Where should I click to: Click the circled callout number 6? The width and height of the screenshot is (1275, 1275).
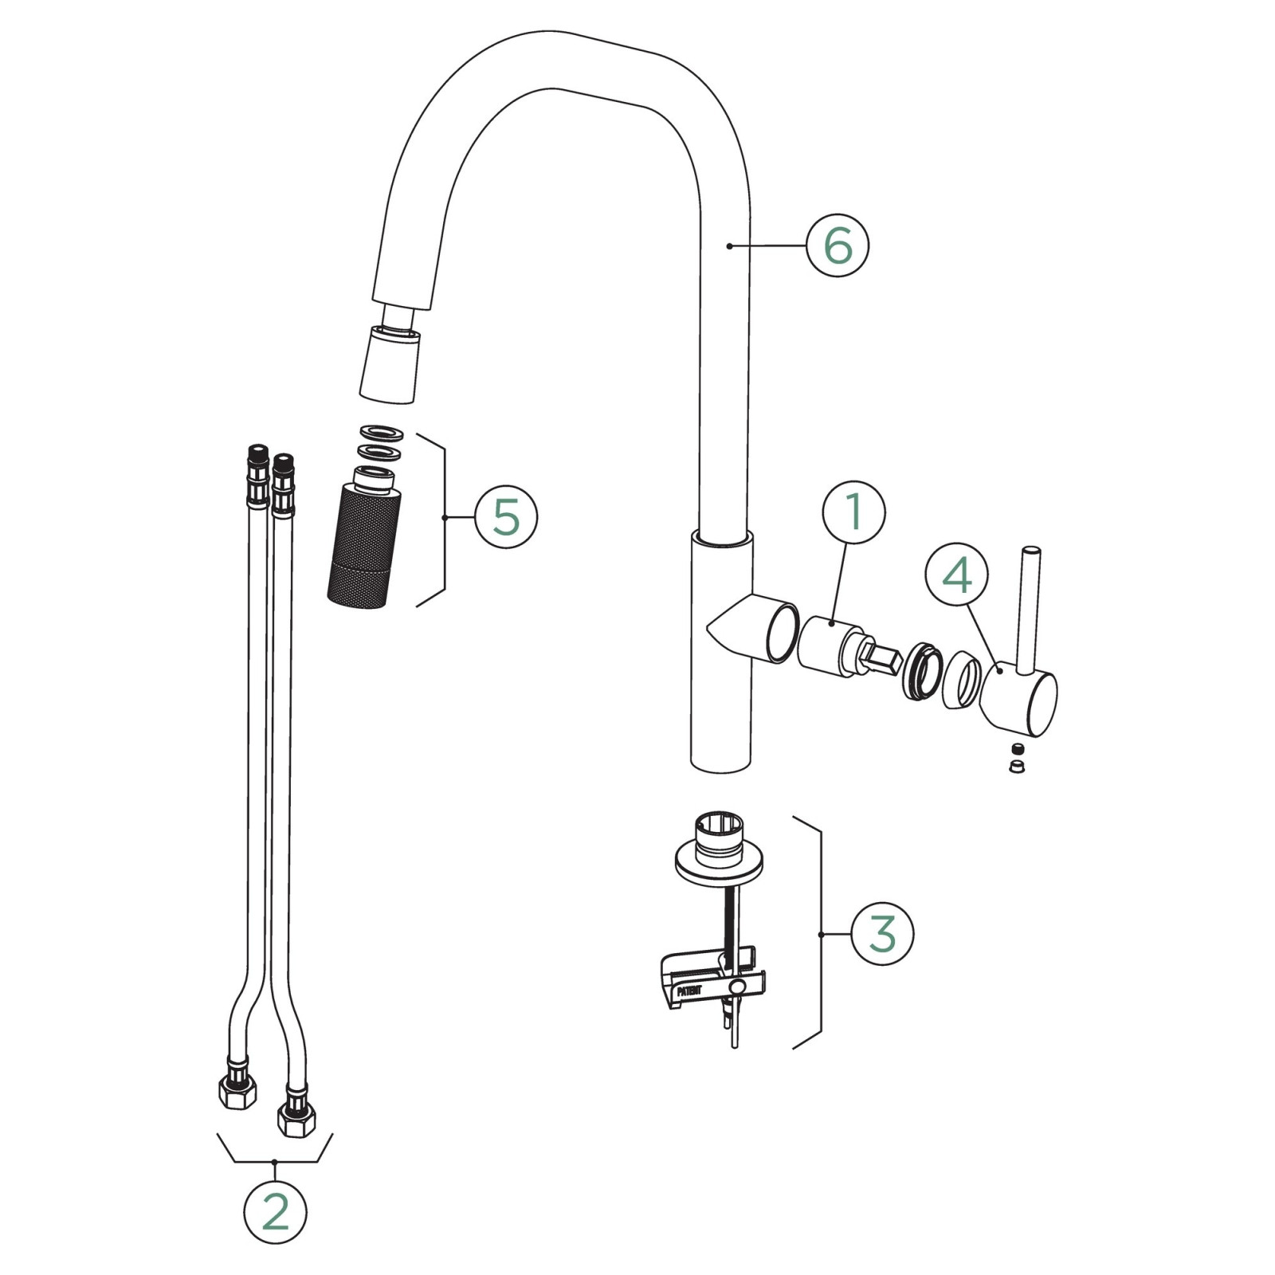838,245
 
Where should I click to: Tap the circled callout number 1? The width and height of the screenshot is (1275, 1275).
853,512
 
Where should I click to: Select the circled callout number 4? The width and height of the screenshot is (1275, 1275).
956,575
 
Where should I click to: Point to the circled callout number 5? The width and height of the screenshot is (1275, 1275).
506,517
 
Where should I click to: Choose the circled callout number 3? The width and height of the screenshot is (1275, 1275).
882,934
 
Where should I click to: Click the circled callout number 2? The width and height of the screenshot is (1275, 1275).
275,1212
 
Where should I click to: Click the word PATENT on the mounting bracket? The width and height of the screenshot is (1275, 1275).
689,991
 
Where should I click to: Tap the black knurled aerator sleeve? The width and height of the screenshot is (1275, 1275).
363,546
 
